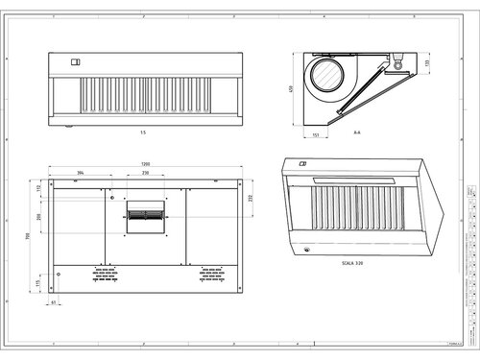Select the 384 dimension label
tap(81, 173)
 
